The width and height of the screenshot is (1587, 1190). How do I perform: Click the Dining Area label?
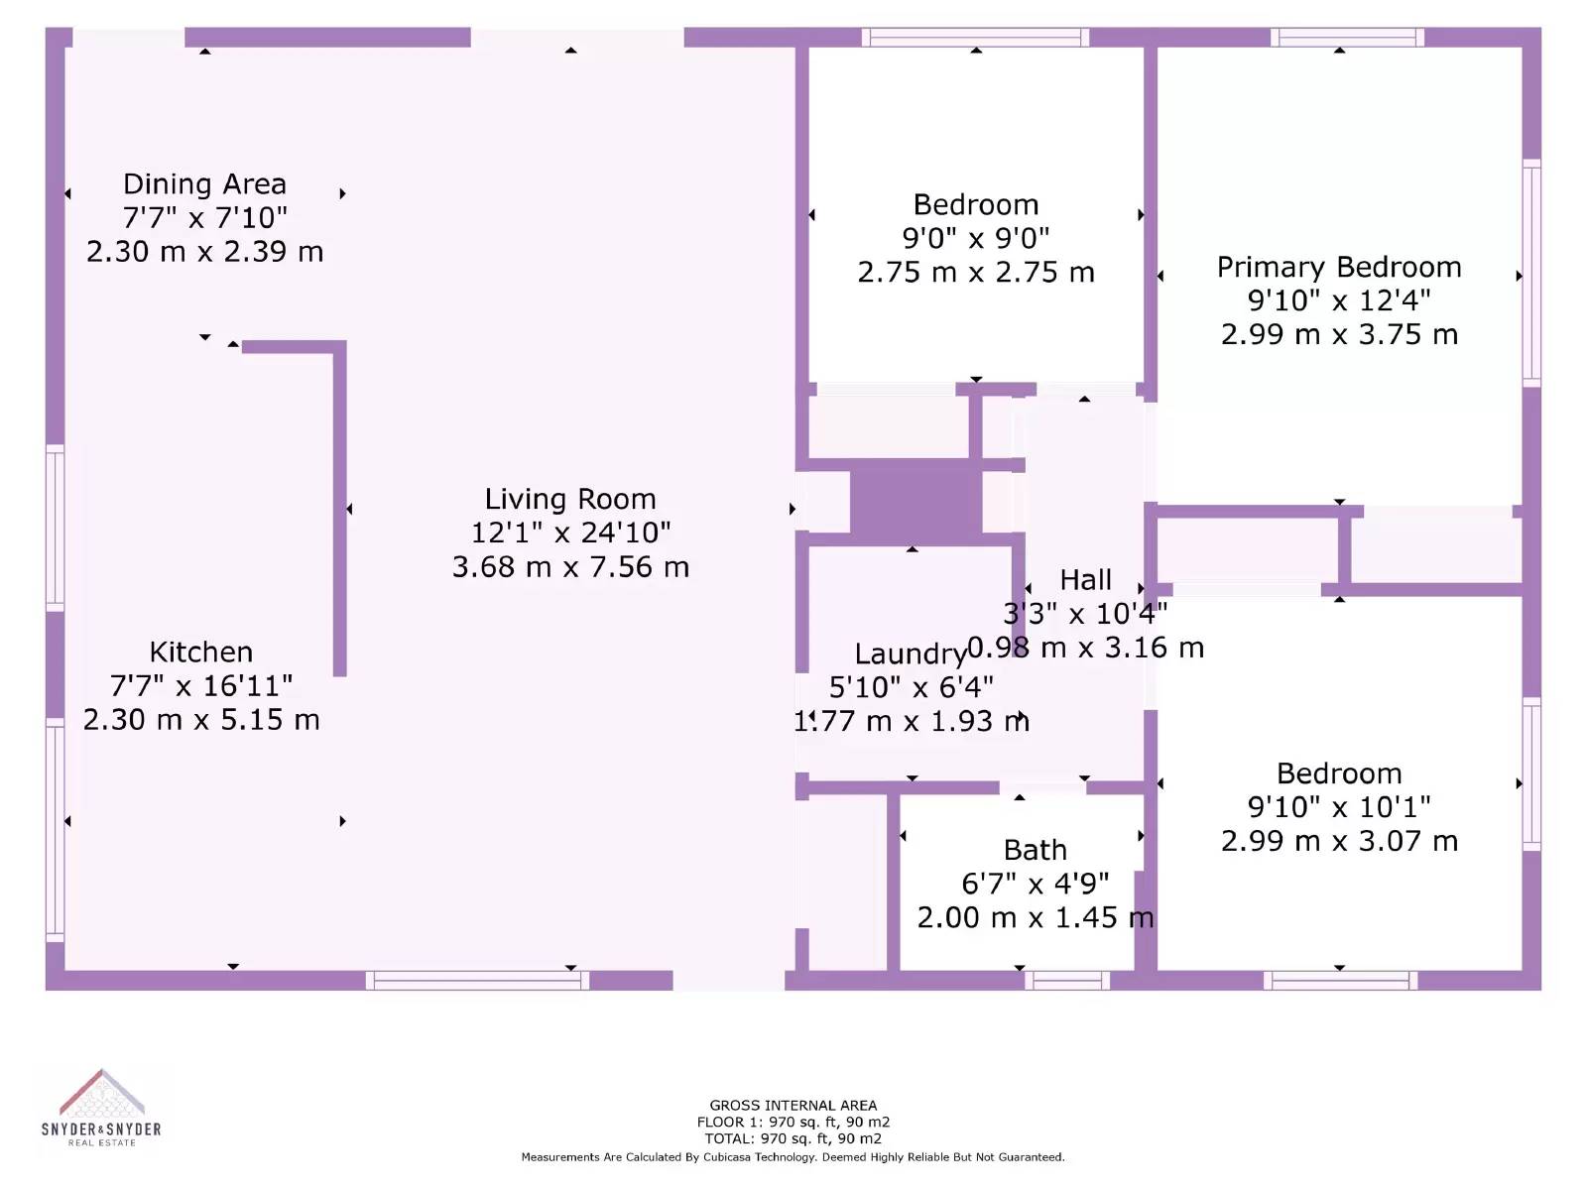[204, 184]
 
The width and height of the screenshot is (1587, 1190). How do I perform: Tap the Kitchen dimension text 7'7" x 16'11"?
[201, 685]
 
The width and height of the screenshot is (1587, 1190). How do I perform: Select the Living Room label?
[570, 499]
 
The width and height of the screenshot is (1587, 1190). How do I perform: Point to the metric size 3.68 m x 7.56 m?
[570, 567]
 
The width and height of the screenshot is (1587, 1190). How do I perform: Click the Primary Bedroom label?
[1339, 268]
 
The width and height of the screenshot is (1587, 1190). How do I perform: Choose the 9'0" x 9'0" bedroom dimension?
[976, 238]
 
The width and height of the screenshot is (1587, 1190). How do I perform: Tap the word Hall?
[1085, 580]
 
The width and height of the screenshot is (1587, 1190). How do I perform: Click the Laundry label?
[911, 654]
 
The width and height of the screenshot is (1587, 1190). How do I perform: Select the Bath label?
[1036, 851]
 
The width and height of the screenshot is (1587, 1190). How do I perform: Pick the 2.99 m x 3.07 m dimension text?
[1339, 841]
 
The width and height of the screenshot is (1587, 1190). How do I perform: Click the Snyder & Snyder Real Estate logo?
[101, 1108]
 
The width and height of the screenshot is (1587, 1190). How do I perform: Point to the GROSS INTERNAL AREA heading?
[793, 1106]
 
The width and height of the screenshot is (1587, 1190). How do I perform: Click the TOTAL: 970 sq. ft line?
[793, 1138]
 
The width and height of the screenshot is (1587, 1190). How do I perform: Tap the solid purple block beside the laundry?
[916, 503]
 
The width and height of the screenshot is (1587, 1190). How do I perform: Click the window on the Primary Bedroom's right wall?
[1531, 273]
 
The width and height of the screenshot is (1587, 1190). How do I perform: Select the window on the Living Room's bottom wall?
[477, 981]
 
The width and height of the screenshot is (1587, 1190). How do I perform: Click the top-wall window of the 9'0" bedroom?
[975, 37]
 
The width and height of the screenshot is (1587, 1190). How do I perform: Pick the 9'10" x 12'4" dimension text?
[1339, 301]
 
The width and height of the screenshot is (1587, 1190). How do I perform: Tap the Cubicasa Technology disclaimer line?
[793, 1157]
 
